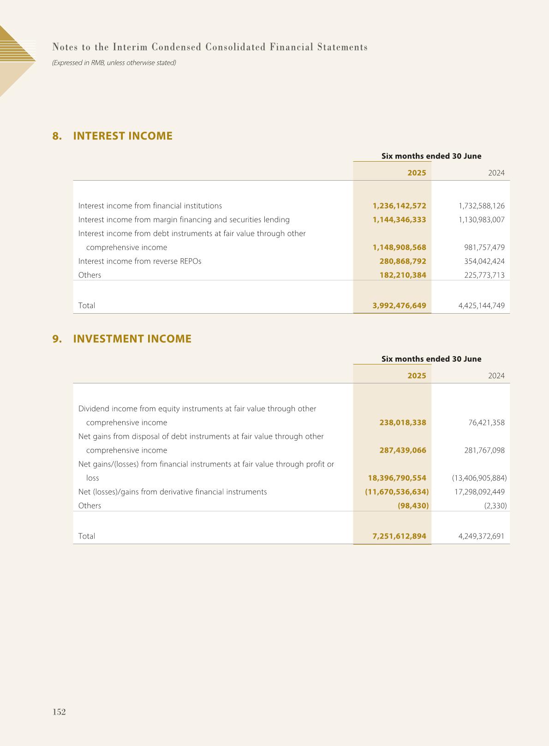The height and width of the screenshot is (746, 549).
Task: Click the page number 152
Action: pyautogui.click(x=59, y=712)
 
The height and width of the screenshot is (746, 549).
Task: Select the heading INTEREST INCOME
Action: pyautogui.click(x=123, y=136)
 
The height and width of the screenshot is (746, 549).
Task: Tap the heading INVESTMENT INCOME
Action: pyautogui.click(x=132, y=339)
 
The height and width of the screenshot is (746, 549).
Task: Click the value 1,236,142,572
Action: pyautogui.click(x=399, y=206)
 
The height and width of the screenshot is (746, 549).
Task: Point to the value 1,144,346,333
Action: pyautogui.click(x=399, y=219)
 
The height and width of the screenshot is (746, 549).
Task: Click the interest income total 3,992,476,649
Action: pyautogui.click(x=399, y=305)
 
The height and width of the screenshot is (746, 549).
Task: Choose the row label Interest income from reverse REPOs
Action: pyautogui.click(x=140, y=261)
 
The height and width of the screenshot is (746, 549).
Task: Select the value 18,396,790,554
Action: pyautogui.click(x=397, y=478)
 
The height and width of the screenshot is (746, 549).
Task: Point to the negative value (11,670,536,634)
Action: pyautogui.click(x=397, y=491)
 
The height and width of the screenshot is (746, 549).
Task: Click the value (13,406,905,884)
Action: pyautogui.click(x=479, y=478)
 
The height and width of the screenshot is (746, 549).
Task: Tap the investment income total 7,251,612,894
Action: pyautogui.click(x=399, y=536)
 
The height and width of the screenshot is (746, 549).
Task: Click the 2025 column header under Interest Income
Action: pyautogui.click(x=417, y=173)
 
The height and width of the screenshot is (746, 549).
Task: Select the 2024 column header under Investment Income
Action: pyautogui.click(x=496, y=376)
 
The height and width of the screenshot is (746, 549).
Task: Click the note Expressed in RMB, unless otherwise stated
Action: pyautogui.click(x=114, y=62)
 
